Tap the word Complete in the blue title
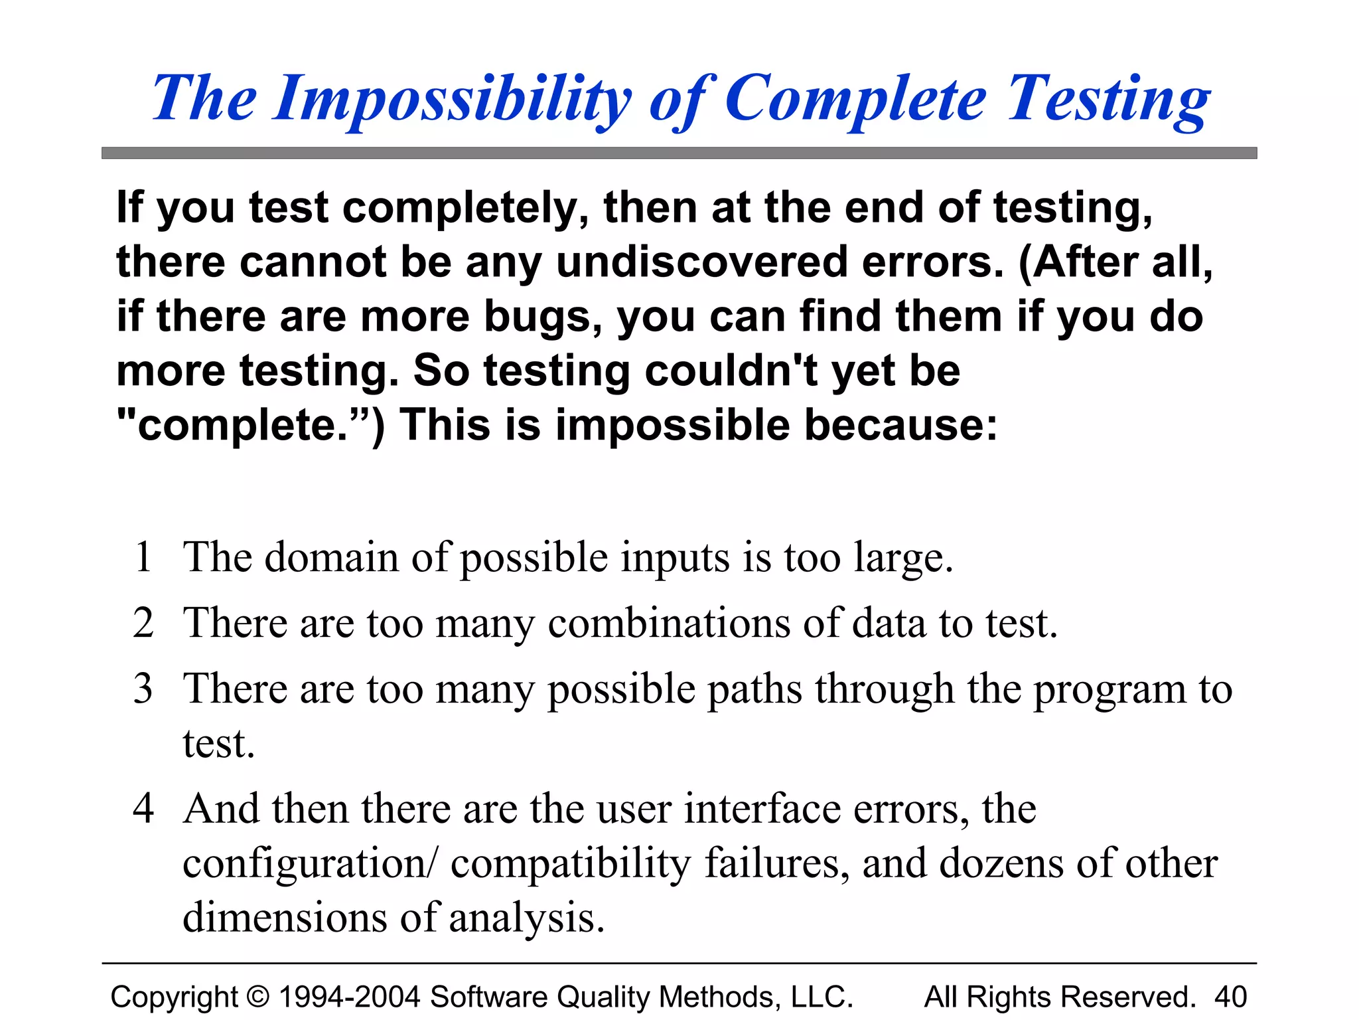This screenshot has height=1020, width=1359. point(856,100)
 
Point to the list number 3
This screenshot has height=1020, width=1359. point(143,689)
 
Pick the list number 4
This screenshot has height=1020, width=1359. point(143,808)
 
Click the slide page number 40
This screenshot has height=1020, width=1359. point(1230,997)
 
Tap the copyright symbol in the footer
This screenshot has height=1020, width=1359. point(258,997)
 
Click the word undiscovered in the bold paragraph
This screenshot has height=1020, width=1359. point(701,262)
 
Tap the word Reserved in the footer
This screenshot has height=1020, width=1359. point(1128,997)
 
